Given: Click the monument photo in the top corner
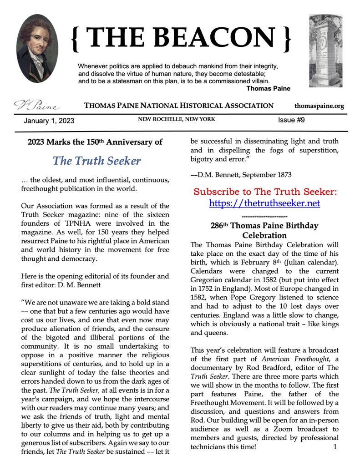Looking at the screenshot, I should pos(325,51).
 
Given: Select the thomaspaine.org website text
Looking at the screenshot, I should pos(319,106).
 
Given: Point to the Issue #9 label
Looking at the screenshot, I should pos(291,120).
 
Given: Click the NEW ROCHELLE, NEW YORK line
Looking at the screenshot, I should pos(177,119).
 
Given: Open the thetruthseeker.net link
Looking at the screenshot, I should pos(264,203).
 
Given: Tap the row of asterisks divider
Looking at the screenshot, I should pos(264,217).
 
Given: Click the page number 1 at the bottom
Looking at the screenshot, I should pos(335,447).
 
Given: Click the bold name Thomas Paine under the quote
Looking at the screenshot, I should pos(268,88).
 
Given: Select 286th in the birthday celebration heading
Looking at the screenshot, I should pos(221,226).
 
